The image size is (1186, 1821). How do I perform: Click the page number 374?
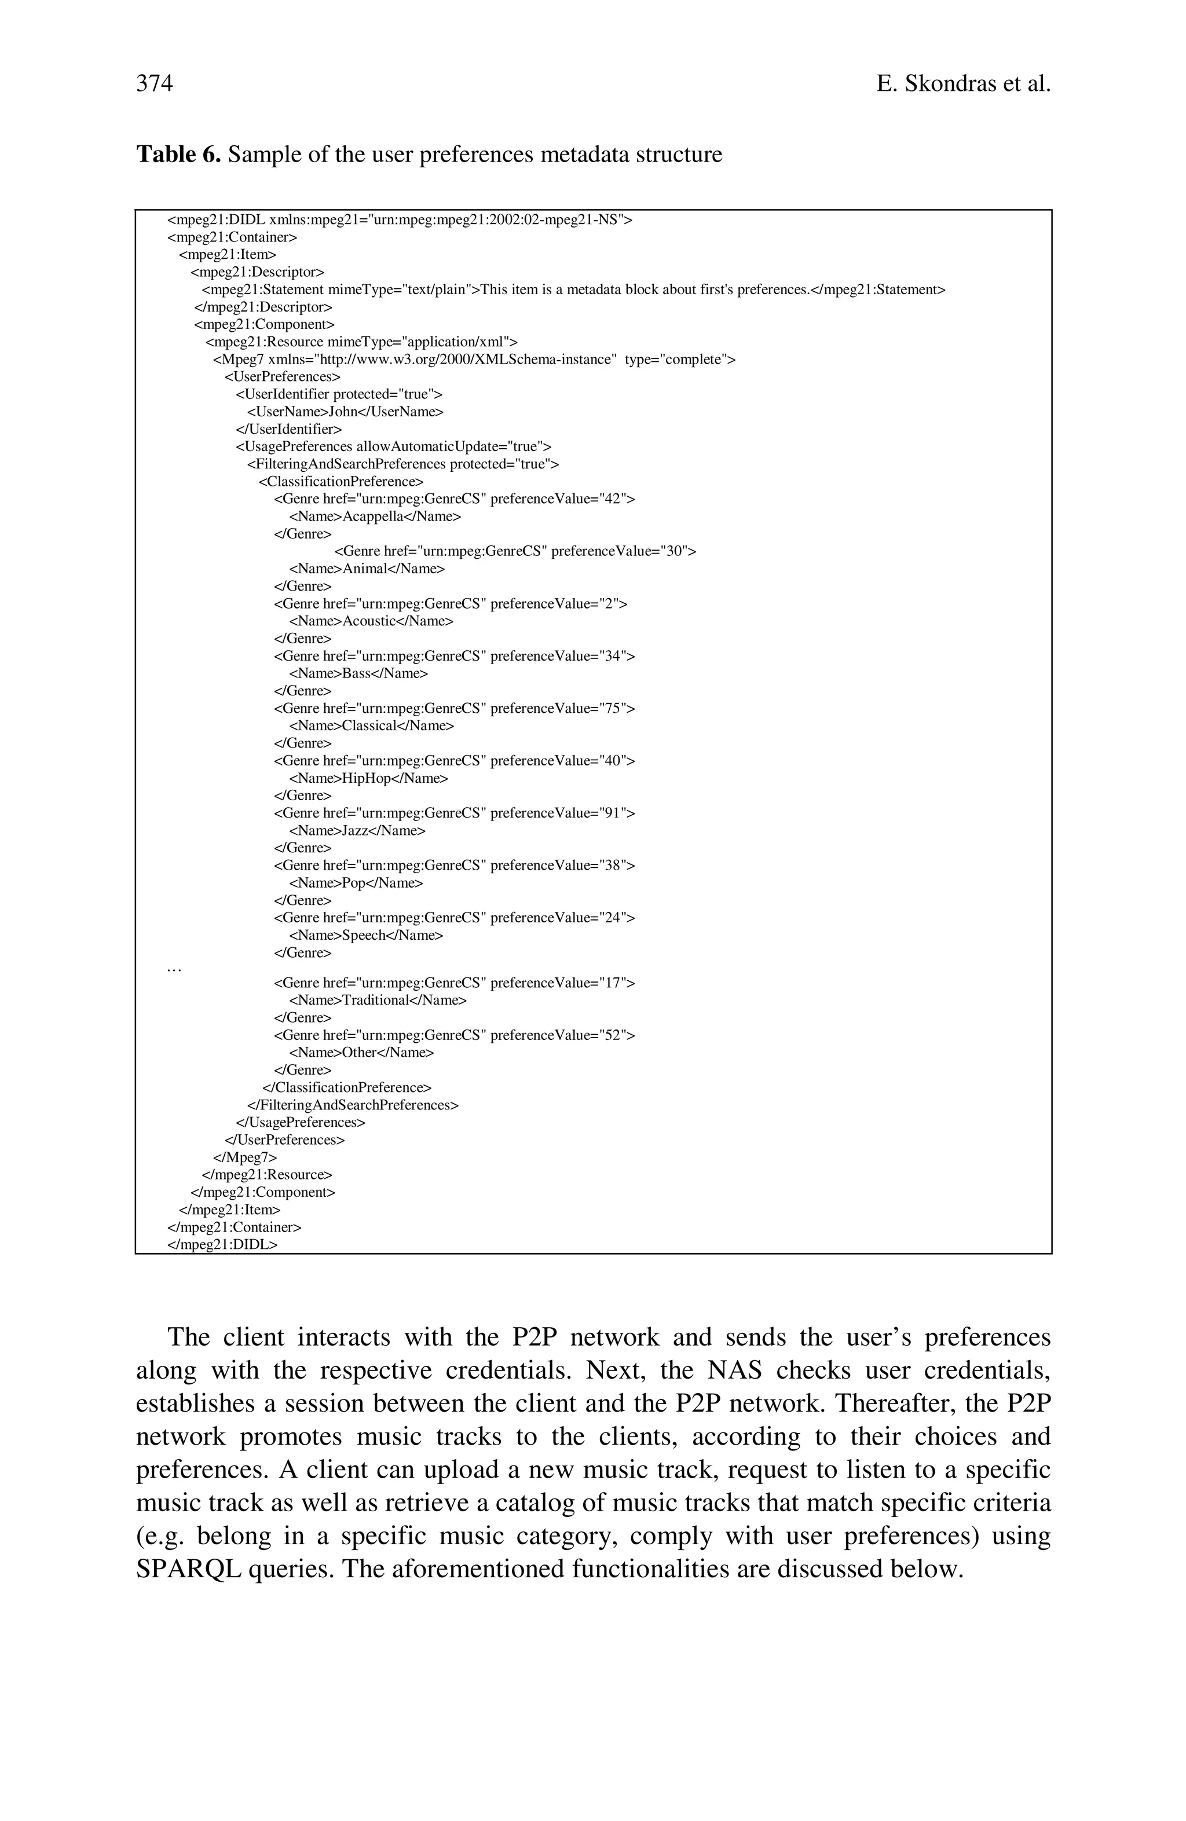155,83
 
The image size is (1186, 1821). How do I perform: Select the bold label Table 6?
178,155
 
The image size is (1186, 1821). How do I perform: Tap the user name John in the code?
343,412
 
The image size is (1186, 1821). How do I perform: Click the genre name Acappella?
372,516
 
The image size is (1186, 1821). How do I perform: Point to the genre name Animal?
365,569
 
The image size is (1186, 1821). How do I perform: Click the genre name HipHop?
367,778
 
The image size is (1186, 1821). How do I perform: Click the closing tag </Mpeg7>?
245,1157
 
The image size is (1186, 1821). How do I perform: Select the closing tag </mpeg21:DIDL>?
222,1244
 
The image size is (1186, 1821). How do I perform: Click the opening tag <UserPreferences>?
281,376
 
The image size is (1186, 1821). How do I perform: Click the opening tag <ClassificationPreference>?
341,481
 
